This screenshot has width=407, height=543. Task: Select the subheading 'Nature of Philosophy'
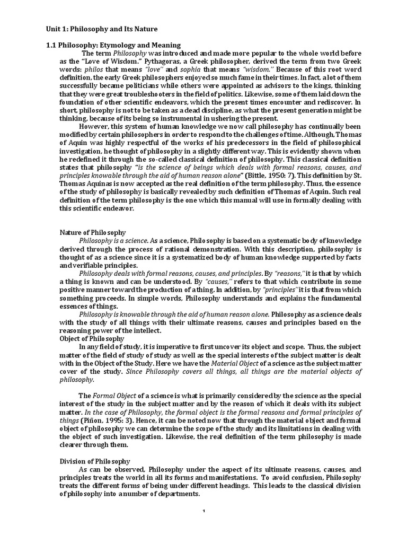pyautogui.click(x=93, y=232)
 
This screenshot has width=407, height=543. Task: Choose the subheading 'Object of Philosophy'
pyautogui.click(x=92, y=338)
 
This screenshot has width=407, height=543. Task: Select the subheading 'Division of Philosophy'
pyautogui.click(x=94, y=461)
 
